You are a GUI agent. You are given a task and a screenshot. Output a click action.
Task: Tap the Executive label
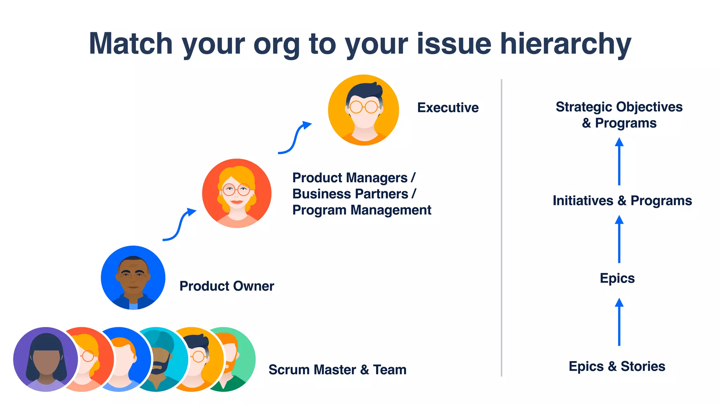point(448,108)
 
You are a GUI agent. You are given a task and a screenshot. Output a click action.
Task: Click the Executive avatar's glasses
point(364,107)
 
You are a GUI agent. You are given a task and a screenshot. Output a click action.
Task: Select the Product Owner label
point(226,286)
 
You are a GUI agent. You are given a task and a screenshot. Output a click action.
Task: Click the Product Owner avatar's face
point(133,276)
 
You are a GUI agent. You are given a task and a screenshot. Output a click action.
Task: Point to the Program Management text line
point(361,210)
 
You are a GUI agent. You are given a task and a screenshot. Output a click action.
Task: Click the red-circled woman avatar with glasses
point(237,193)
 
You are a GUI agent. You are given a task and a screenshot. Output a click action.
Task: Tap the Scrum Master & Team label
point(337,370)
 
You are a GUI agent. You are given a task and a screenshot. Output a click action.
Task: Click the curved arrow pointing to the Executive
point(295,138)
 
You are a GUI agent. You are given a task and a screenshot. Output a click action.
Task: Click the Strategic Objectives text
point(619,107)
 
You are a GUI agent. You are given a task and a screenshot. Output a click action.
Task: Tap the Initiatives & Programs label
point(622,201)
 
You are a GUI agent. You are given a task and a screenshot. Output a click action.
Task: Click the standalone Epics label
point(617,278)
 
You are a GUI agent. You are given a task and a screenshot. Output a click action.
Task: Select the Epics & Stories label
point(617,366)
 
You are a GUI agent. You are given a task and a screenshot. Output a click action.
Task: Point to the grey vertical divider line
point(501,229)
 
